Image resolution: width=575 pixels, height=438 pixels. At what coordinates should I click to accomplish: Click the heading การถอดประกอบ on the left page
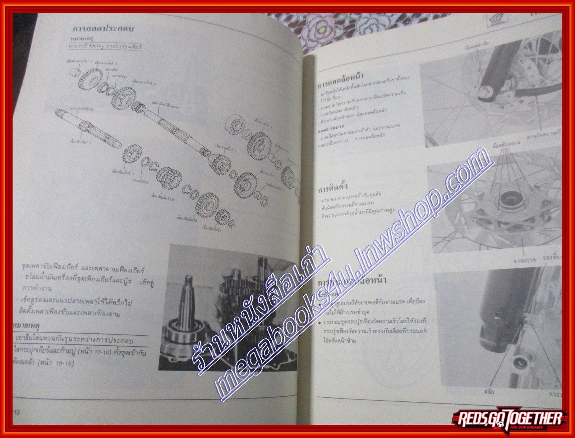(103, 29)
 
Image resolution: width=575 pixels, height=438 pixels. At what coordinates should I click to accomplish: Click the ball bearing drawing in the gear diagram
(235, 125)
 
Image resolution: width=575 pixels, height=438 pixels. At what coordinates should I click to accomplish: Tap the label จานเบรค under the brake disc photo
(524, 259)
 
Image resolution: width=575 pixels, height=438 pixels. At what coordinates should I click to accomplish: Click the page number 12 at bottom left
(17, 412)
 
